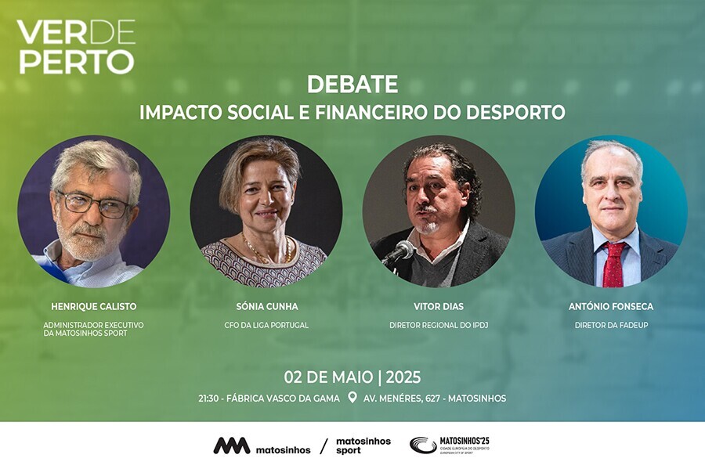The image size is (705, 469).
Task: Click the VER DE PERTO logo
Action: (x=76, y=46)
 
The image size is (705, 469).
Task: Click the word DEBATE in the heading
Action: (x=352, y=84)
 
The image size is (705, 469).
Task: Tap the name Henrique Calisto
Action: (x=93, y=307)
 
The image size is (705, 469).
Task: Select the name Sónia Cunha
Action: (x=266, y=307)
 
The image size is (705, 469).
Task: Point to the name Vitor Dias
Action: (x=439, y=307)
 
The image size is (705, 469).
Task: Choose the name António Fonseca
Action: (x=610, y=307)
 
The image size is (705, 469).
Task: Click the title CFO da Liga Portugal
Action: (x=266, y=325)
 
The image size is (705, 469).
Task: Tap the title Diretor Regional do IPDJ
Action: (x=439, y=325)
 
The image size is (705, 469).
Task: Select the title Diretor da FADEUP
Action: (x=610, y=325)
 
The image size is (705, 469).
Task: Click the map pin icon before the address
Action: (x=352, y=398)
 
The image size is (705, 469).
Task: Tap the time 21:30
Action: (x=210, y=399)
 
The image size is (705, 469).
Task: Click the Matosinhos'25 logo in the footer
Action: (x=450, y=445)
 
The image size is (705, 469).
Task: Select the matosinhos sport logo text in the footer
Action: (x=363, y=446)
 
